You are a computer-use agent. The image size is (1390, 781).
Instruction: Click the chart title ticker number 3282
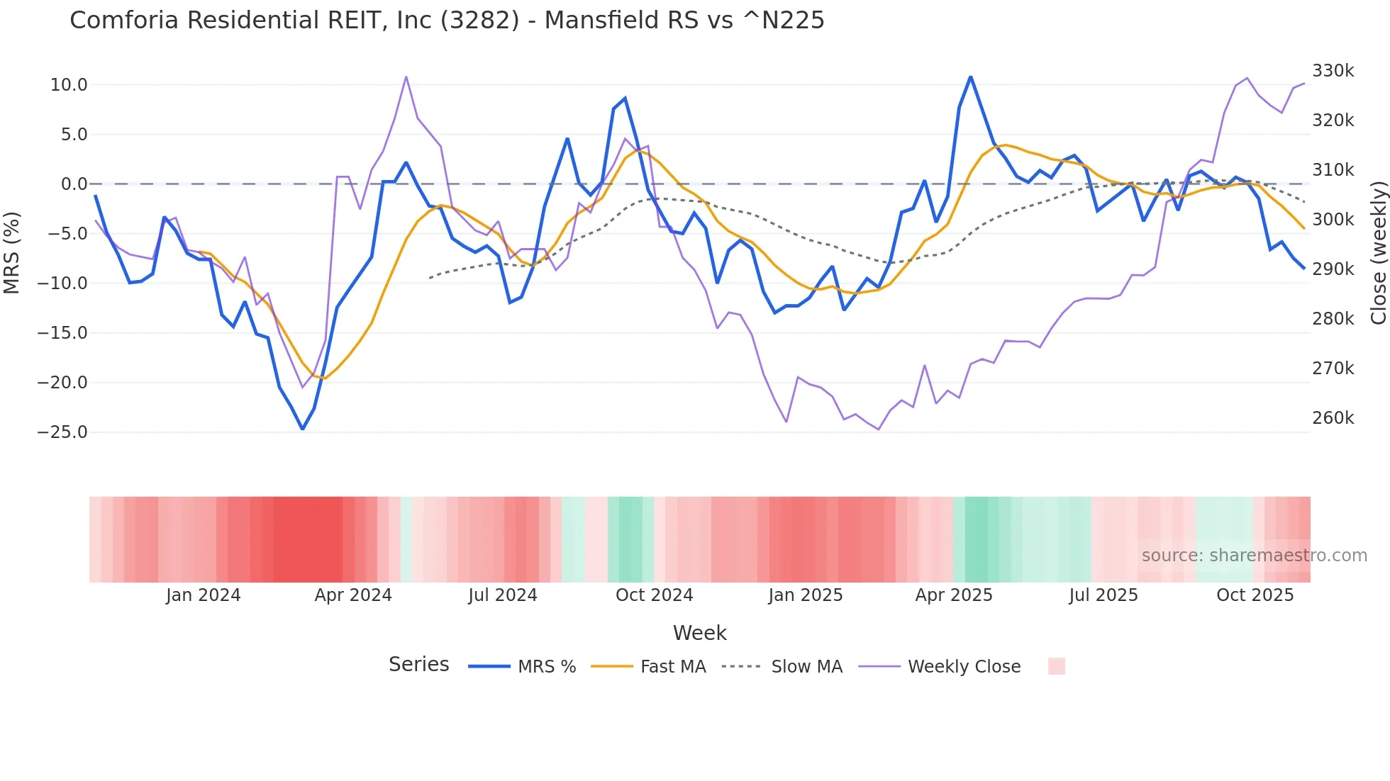(x=480, y=21)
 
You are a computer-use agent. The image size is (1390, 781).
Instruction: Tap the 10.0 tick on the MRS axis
(x=69, y=85)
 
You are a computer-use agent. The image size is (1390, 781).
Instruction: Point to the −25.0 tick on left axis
(x=63, y=432)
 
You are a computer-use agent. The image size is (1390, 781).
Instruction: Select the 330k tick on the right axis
(x=1333, y=71)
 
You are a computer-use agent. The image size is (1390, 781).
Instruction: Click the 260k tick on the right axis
(x=1333, y=418)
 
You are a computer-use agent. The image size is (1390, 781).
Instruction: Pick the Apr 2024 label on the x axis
(x=353, y=595)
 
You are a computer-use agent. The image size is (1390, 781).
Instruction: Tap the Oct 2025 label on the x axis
(x=1255, y=595)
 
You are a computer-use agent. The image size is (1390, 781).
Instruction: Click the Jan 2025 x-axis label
(x=805, y=595)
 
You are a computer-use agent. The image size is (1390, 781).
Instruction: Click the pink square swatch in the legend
(x=1056, y=666)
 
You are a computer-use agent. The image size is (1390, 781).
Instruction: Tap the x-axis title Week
(x=699, y=633)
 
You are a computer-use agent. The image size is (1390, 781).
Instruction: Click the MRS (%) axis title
(x=12, y=253)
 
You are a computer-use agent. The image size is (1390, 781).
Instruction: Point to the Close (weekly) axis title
(x=1378, y=253)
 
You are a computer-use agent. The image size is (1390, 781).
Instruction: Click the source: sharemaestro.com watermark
(x=1254, y=556)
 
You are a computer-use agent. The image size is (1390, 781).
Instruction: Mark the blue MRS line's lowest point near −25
(x=303, y=429)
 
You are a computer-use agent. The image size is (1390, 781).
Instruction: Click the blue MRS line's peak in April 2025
(x=970, y=77)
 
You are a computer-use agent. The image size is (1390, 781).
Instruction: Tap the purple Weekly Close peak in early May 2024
(x=406, y=77)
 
